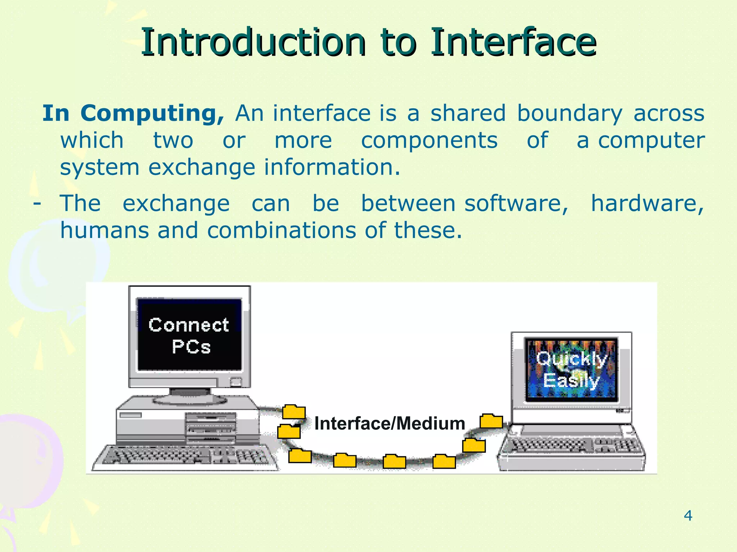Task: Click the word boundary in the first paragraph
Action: [x=569, y=114]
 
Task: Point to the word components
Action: [x=429, y=141]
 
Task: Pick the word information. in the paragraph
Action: [x=332, y=167]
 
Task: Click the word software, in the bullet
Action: [x=517, y=203]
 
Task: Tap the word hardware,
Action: [x=647, y=203]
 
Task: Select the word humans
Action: [x=104, y=230]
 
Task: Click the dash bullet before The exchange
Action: [x=36, y=203]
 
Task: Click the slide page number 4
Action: [x=688, y=516]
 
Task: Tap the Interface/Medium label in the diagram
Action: [x=389, y=423]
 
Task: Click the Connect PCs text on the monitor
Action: [x=189, y=336]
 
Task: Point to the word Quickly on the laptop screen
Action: [x=571, y=359]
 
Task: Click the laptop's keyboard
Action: [x=572, y=447]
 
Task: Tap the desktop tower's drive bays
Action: [x=211, y=428]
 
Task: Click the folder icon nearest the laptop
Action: [x=491, y=421]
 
